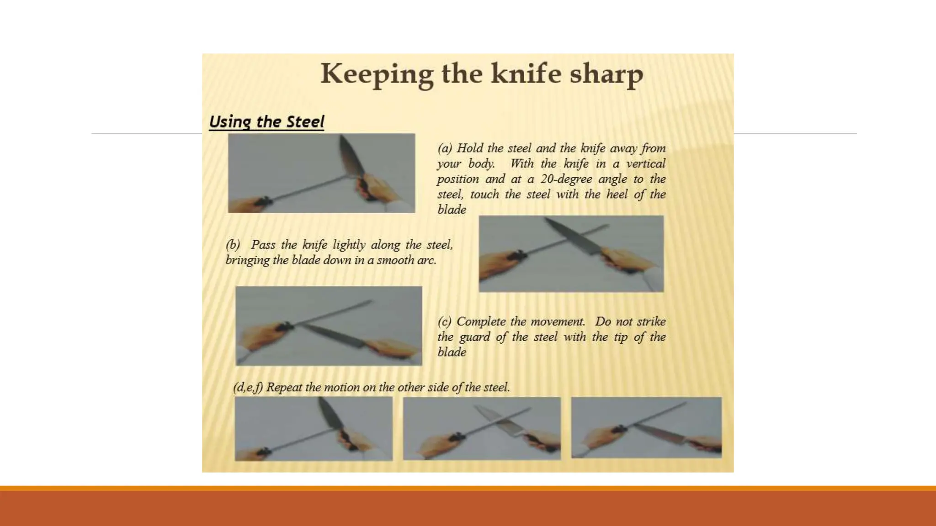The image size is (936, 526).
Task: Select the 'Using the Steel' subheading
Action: click(x=266, y=122)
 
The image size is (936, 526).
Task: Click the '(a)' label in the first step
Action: click(x=445, y=148)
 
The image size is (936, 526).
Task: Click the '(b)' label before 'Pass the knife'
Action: click(x=233, y=245)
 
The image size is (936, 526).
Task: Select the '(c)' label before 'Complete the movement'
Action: click(x=445, y=321)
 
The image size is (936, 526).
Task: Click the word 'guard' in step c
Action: click(x=475, y=337)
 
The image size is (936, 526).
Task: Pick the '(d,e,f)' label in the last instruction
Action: click(x=248, y=388)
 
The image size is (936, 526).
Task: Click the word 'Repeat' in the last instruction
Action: click(x=284, y=388)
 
